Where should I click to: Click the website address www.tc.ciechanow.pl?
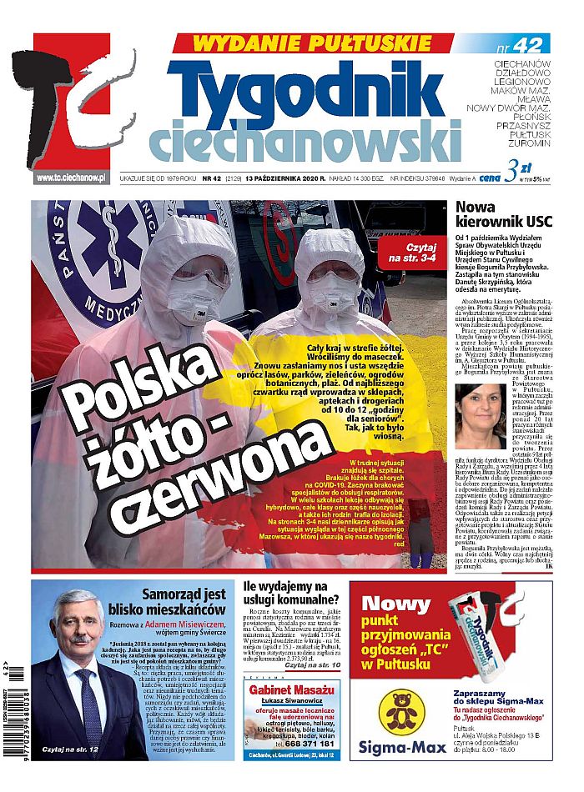(x=71, y=178)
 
